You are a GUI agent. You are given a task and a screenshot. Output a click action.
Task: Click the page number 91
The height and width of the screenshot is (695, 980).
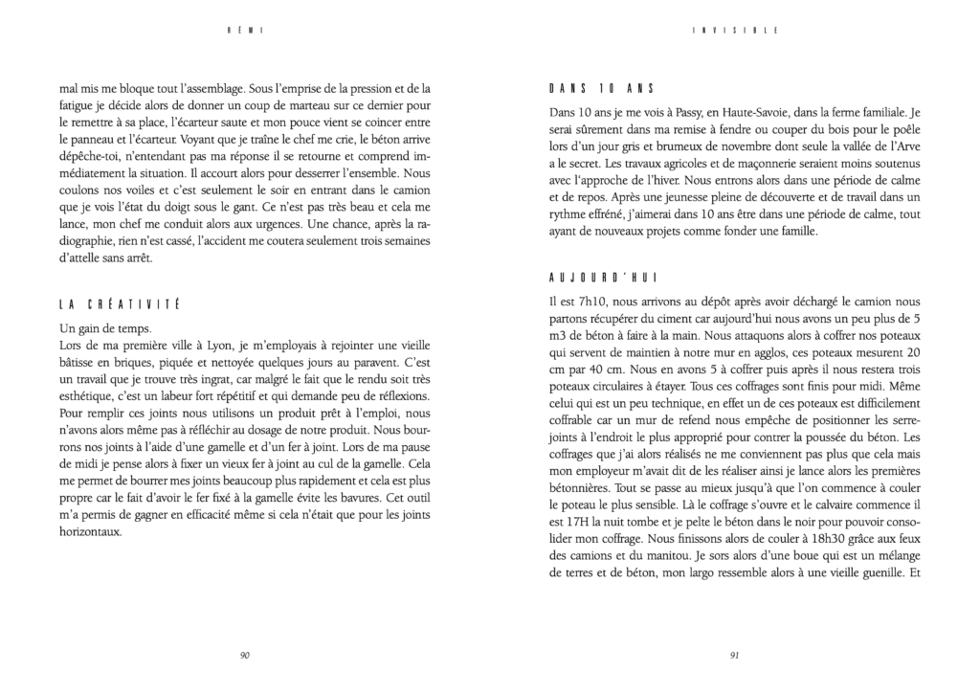tap(734, 656)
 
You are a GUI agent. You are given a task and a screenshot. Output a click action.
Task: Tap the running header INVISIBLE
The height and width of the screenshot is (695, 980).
tap(734, 30)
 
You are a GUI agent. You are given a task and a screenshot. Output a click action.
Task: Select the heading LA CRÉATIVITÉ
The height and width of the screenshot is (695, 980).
tap(119, 305)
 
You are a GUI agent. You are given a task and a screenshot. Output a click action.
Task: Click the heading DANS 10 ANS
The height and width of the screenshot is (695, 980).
tap(594, 89)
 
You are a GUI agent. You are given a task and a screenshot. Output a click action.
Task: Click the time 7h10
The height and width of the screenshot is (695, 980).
tap(578, 301)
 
